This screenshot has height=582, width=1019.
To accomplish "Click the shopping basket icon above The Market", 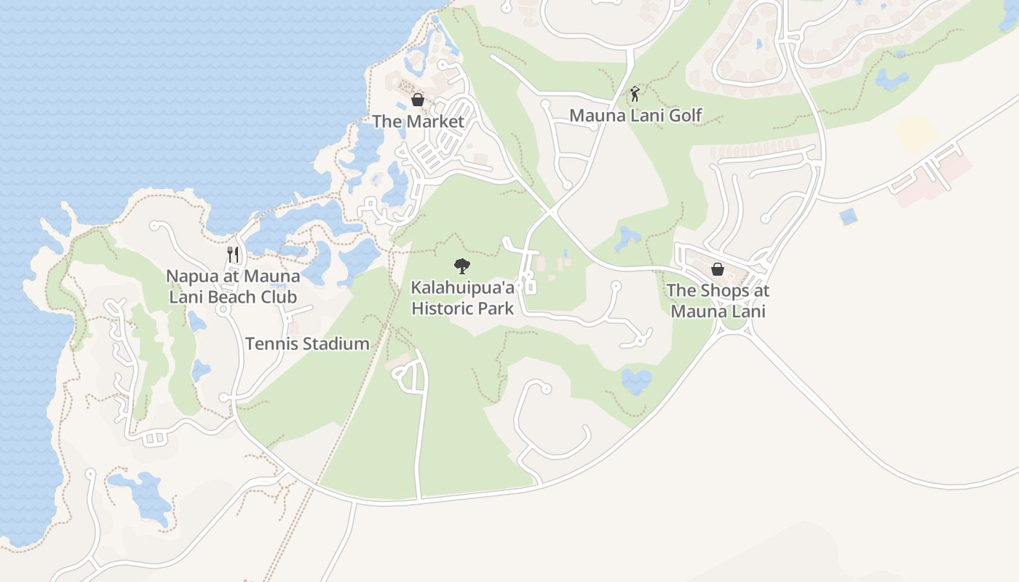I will point(418,100).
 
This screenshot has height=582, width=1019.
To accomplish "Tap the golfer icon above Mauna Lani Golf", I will point(635,93).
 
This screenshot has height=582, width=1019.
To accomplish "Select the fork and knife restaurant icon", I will point(233,254).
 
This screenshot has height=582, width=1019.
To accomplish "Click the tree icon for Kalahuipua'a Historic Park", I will point(461,266).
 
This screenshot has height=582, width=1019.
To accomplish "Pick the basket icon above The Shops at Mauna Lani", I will point(717,269).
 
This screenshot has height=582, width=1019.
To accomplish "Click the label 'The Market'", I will point(418,121).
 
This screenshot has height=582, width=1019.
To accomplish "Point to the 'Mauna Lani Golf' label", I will point(635,115).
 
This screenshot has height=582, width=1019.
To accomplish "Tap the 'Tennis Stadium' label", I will point(307,344).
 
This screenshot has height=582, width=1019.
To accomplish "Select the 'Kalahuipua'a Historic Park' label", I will point(462,298).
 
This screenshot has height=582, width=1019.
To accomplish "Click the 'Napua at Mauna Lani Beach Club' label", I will point(233,287).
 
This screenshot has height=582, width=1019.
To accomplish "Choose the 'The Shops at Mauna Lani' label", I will point(718,300).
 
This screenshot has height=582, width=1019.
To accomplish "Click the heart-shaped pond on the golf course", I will point(637,380).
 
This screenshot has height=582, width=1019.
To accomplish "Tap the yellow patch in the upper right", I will point(915,132).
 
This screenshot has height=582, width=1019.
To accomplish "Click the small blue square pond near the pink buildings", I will point(847,217).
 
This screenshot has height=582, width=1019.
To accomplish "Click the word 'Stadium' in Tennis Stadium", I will point(336,344).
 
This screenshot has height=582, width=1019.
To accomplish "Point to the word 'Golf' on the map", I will point(685,115).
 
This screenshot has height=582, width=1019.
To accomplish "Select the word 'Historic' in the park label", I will point(445,308).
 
